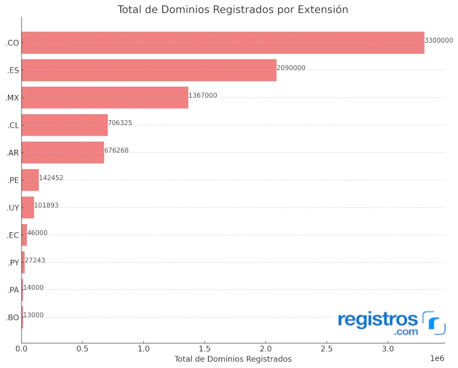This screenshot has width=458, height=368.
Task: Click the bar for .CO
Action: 223,43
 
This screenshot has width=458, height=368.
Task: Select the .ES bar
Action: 149,70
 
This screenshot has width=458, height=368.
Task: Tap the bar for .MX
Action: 105,98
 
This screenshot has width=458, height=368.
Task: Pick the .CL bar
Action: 65,125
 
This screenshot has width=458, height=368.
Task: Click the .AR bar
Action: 63,152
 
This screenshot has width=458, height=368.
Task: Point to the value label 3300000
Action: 439,40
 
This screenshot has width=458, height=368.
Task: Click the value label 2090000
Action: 291,68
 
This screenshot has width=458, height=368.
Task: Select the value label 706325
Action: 120,123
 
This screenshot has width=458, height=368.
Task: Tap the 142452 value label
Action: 51,177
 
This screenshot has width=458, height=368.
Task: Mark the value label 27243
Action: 35,260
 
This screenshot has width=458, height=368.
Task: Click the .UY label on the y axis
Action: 13,208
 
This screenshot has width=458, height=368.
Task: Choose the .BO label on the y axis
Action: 12,318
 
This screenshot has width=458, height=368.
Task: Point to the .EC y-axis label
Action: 13,235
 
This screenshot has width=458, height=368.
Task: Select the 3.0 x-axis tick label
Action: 387,349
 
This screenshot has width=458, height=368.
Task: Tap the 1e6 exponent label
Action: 437,358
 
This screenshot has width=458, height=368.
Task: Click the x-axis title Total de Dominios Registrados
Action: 233,359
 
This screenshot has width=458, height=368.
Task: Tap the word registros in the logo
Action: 378,320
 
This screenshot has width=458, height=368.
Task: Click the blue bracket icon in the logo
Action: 434,322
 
